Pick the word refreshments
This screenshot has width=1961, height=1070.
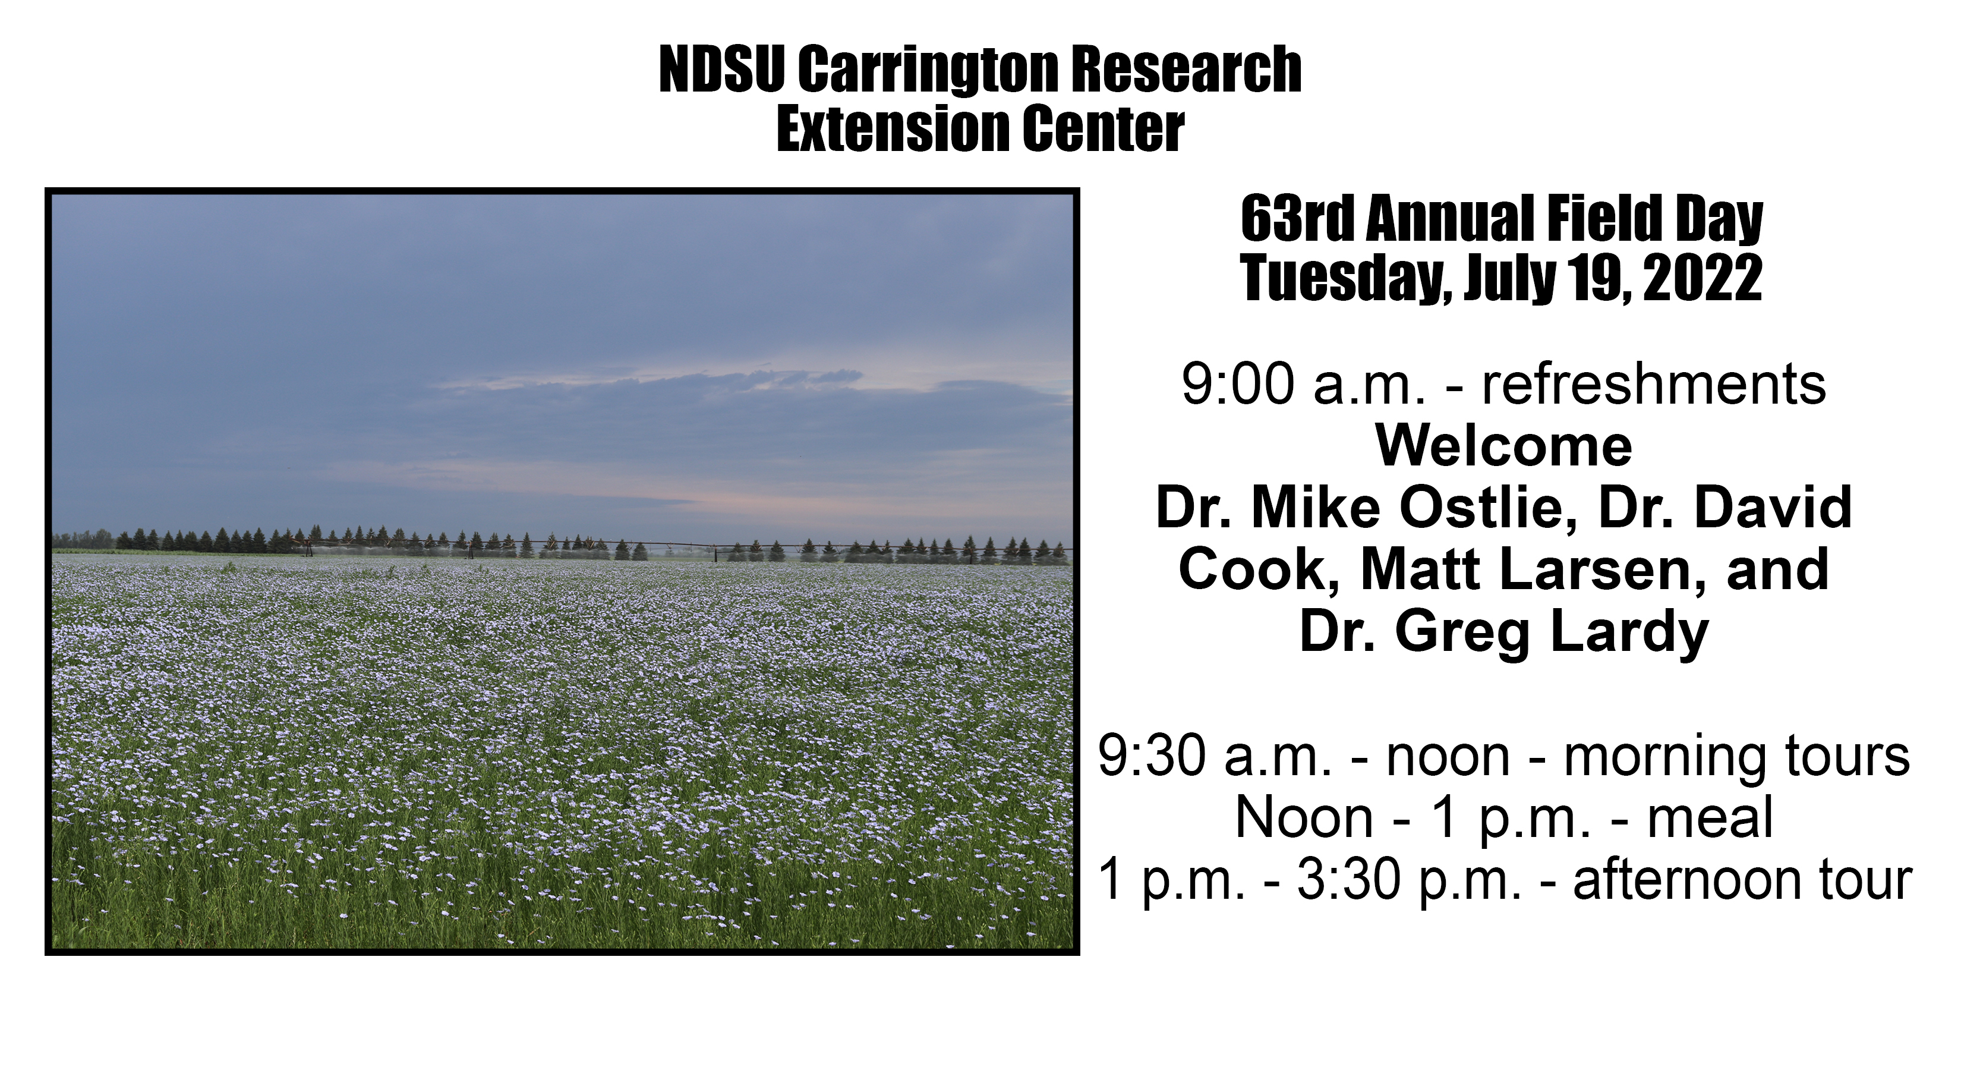(x=1653, y=384)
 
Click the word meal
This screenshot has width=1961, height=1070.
(x=1710, y=818)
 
